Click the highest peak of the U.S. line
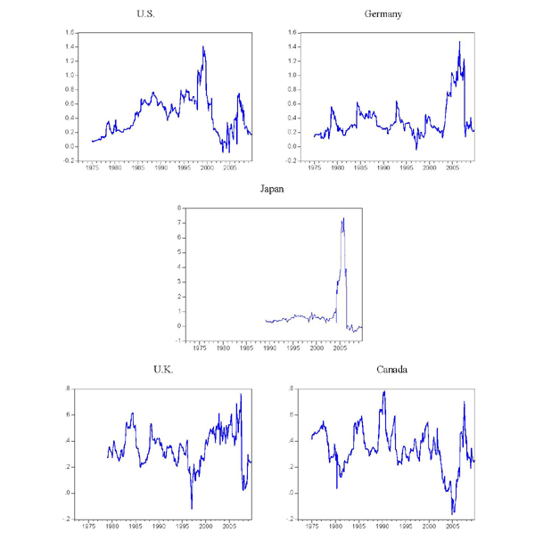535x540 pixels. (203, 46)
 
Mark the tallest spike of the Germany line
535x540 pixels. (459, 42)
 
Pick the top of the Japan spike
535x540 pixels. (343, 218)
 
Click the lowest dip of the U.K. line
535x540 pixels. (192, 509)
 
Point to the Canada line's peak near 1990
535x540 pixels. (384, 391)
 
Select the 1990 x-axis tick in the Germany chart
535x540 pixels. (382, 167)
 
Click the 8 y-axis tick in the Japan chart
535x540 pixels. (181, 208)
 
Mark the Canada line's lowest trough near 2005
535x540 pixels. (452, 513)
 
